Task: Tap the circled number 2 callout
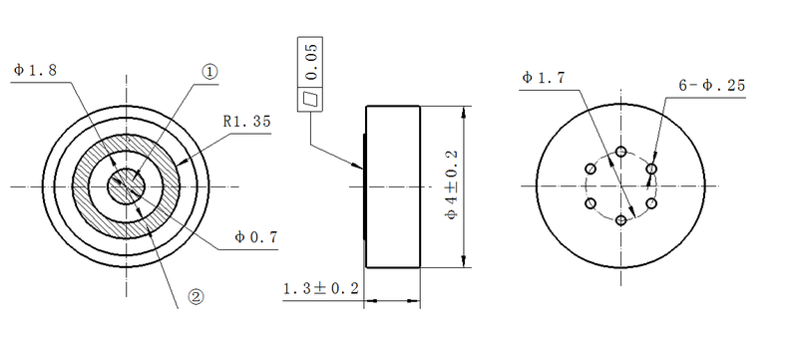(x=196, y=296)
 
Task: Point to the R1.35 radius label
(x=247, y=121)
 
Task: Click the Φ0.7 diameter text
(x=255, y=236)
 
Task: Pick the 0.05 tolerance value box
(x=311, y=63)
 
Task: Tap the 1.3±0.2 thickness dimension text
(x=321, y=288)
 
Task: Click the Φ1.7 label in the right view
(x=544, y=76)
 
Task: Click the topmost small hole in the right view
(x=621, y=152)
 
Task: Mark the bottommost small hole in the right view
(x=621, y=219)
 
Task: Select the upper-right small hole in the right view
(x=651, y=169)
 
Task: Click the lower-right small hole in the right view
(x=651, y=202)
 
